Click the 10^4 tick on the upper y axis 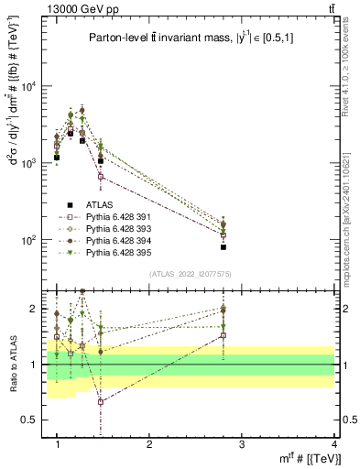click(x=31, y=87)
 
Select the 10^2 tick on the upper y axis click(x=31, y=240)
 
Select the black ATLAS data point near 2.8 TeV click(x=249, y=247)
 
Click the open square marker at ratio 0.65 click(x=101, y=401)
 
